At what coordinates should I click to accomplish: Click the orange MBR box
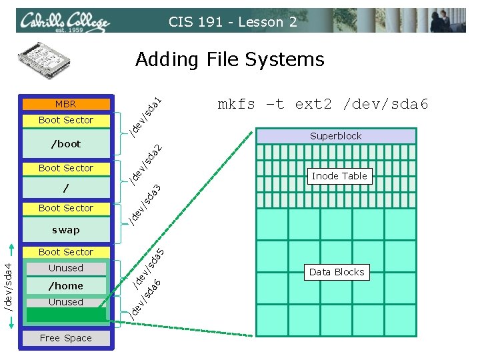pos(66,104)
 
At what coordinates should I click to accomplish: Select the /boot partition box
pos(66,144)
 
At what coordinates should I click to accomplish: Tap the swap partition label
pos(66,230)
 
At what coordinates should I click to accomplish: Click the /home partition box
pos(66,286)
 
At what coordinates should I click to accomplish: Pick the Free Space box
pos(66,338)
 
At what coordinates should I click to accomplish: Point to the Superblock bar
pos(336,136)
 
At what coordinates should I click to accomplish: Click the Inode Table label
pos(339,176)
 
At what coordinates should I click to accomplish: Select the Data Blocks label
pos(337,272)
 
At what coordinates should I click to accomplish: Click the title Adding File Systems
pos(229,60)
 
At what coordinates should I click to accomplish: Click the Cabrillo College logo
pos(64,23)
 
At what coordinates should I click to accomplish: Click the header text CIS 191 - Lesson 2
pos(233,22)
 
